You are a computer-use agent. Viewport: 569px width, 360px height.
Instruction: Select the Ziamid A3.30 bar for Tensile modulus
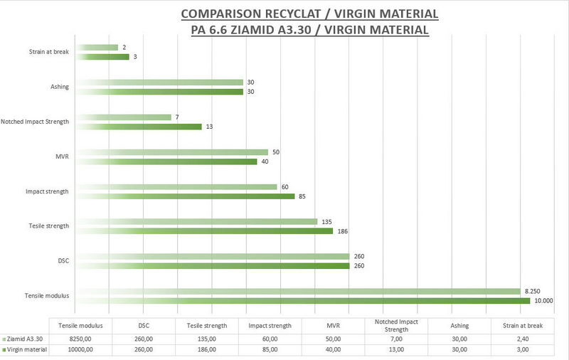298,291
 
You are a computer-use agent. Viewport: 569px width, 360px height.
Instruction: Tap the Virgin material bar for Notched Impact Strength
139,127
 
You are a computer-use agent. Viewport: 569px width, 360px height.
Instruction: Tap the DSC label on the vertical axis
63,261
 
